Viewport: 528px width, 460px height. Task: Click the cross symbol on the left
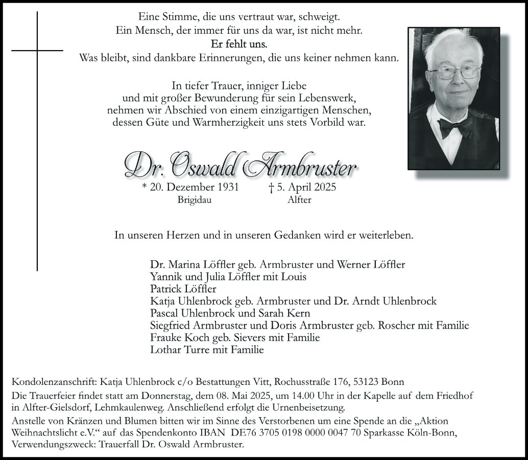coord(37,50)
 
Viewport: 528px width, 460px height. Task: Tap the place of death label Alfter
coord(299,200)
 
